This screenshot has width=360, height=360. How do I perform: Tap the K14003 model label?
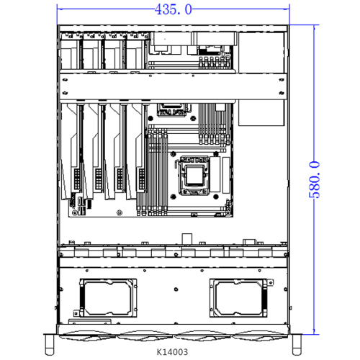[x=172, y=353]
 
